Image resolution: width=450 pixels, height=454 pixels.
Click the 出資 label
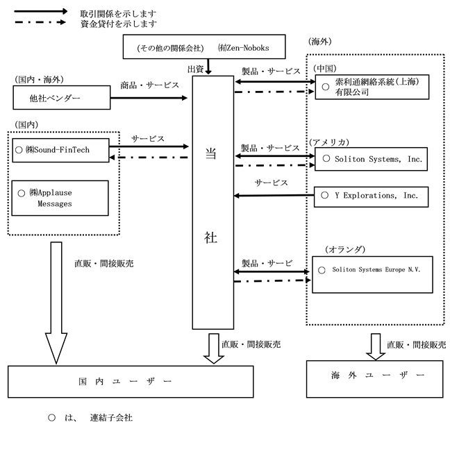coord(195,69)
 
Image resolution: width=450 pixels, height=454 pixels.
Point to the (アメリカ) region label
coord(329,142)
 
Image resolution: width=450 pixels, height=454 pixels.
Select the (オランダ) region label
coord(345,249)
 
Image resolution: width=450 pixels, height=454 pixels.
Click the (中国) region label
coord(324,68)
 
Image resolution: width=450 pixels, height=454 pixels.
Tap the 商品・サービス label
coord(150,85)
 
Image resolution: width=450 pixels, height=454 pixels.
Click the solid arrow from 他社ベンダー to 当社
coord(149,98)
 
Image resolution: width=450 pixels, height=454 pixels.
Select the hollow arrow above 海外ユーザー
coord(376,347)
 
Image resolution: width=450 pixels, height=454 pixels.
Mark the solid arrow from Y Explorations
coord(274,196)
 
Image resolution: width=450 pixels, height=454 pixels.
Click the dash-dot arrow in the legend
coord(40,22)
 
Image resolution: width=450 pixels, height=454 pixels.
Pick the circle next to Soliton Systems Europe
coord(322,270)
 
